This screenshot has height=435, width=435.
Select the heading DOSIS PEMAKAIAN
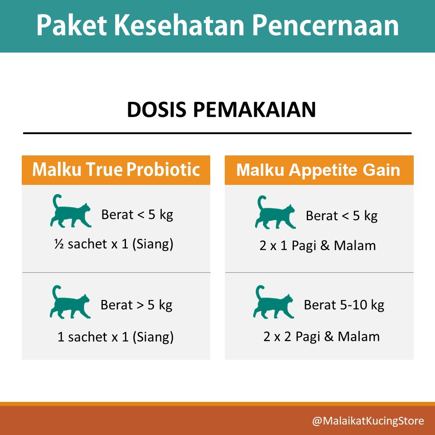coord(221,110)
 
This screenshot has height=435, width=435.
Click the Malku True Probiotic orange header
coord(116,170)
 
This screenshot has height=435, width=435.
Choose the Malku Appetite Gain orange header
coord(319,170)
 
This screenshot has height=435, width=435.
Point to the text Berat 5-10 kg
coord(344,305)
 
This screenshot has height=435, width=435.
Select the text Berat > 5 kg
coord(136,305)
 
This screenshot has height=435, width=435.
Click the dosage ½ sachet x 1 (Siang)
coord(113,245)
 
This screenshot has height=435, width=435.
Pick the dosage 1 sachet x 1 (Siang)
coord(116,337)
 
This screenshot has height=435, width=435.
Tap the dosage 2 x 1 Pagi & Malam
coord(318,246)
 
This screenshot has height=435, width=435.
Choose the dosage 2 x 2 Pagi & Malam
coord(321,337)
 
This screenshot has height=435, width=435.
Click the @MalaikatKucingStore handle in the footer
coord(368,421)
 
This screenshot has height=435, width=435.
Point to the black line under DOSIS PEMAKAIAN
coord(217,133)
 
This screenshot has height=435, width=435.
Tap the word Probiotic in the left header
coord(164,170)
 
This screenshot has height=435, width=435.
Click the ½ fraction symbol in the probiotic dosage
coord(58,245)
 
